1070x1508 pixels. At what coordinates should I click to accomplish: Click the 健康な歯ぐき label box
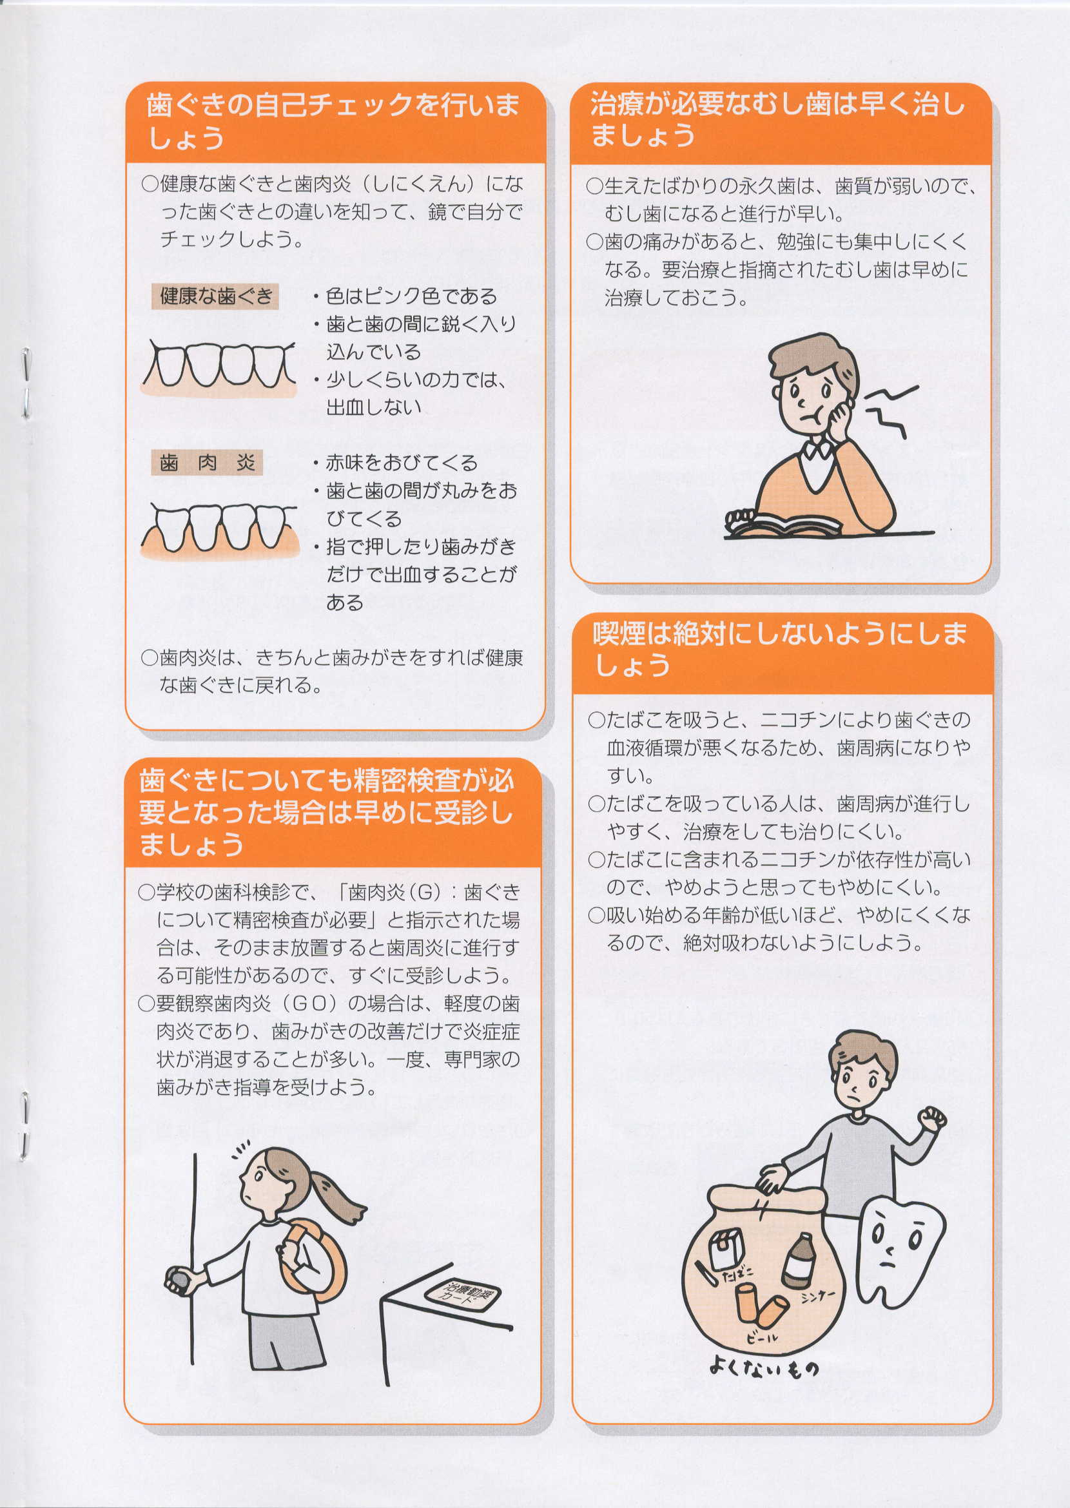[215, 296]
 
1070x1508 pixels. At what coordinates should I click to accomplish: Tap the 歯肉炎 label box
[207, 463]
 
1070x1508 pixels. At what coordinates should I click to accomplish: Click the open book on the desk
[783, 524]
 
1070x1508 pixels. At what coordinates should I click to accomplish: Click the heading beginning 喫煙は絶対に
[780, 649]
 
